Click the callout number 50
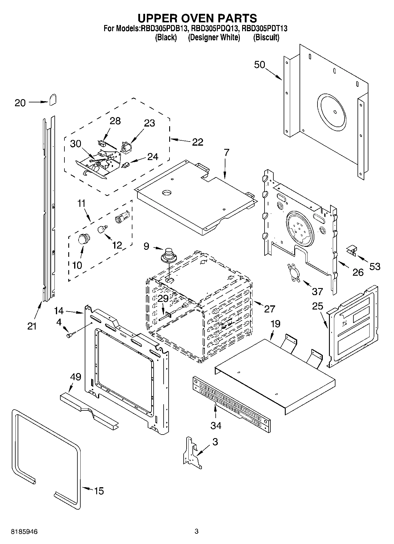pyautogui.click(x=260, y=65)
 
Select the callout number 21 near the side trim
pyautogui.click(x=32, y=326)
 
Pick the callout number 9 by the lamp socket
pyautogui.click(x=147, y=246)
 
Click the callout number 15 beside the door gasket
pyautogui.click(x=99, y=491)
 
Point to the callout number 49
pyautogui.click(x=76, y=377)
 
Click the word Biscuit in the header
pyautogui.click(x=266, y=38)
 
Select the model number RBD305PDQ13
pyautogui.click(x=215, y=29)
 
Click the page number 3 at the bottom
pyautogui.click(x=197, y=531)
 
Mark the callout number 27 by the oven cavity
pyautogui.click(x=269, y=309)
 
